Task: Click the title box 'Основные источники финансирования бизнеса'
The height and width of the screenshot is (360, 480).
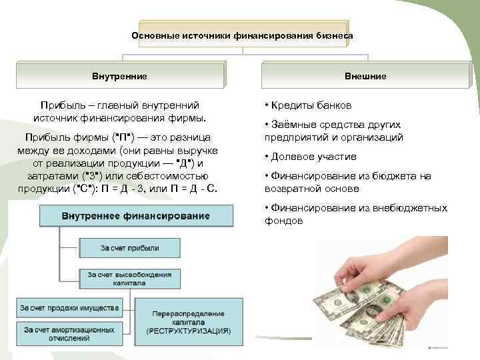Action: click(x=242, y=35)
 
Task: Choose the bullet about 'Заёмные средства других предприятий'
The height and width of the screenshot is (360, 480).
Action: click(x=333, y=131)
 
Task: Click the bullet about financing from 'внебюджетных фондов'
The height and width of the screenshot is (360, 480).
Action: click(x=355, y=214)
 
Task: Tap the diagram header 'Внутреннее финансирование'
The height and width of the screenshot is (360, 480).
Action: click(x=135, y=217)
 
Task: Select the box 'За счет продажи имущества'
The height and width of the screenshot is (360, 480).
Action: click(x=69, y=308)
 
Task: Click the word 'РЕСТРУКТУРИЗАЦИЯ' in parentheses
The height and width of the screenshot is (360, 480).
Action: click(x=189, y=331)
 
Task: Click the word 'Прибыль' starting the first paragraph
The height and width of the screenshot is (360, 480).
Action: click(x=59, y=106)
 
